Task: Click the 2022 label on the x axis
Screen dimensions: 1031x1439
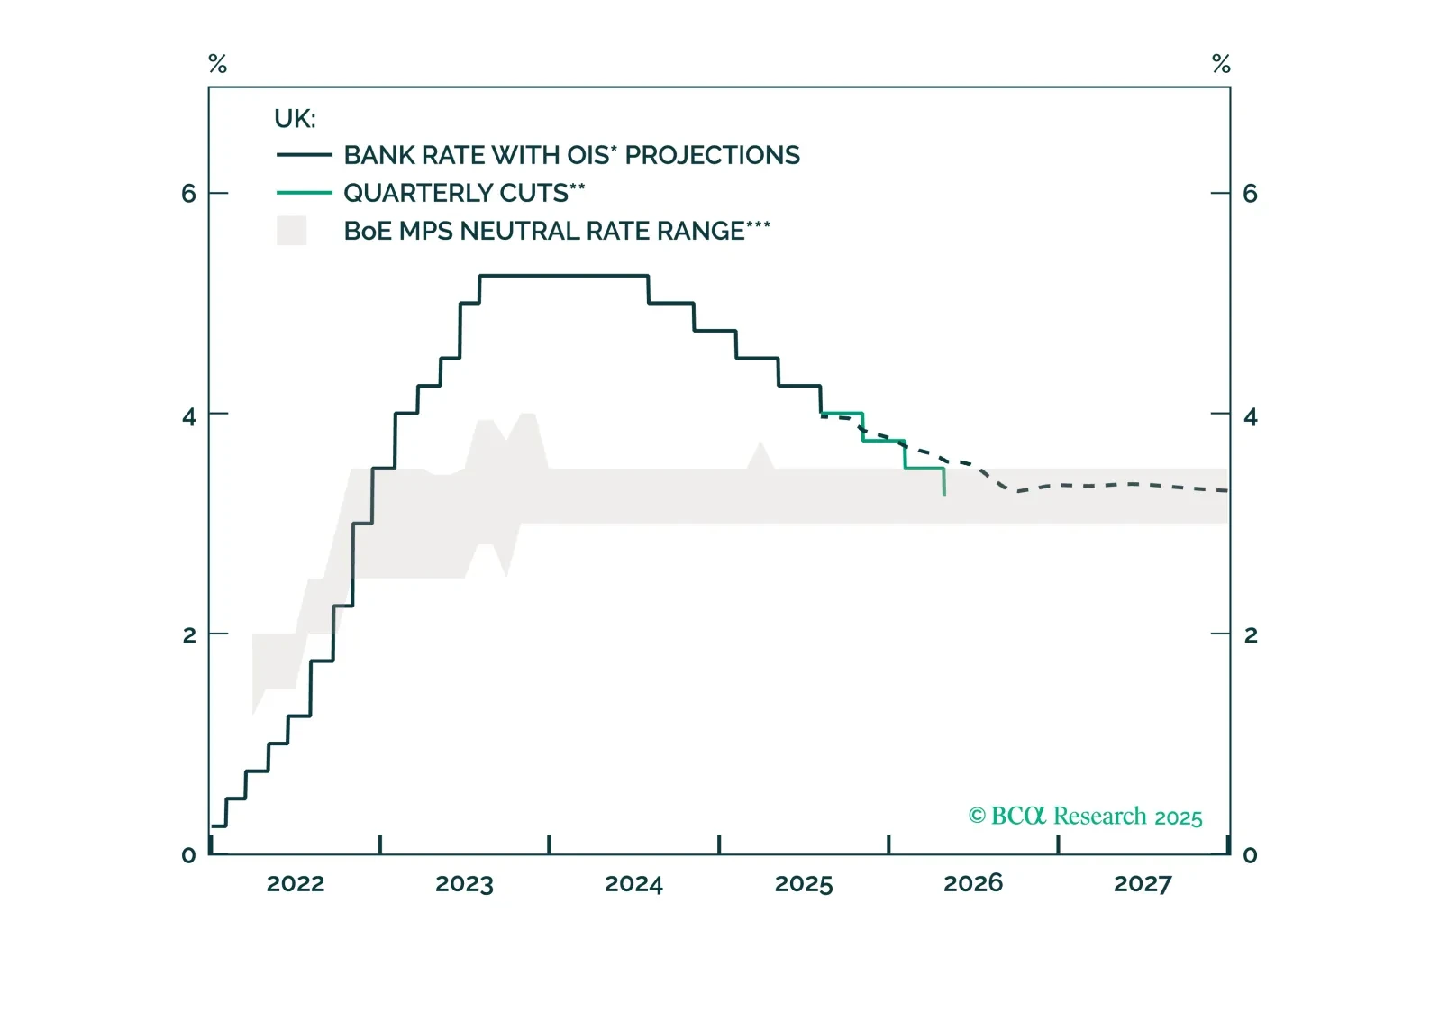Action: point(295,883)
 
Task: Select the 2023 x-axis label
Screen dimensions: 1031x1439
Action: point(464,883)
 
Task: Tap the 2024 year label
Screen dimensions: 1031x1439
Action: point(633,883)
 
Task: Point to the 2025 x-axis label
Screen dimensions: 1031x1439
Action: point(804,883)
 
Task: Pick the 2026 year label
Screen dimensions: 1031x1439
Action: point(973,883)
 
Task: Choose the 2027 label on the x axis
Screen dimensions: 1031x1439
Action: point(1143,883)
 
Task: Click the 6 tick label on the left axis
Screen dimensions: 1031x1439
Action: point(188,194)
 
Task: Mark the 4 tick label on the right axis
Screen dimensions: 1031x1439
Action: point(1251,416)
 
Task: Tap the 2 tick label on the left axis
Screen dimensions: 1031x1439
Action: point(188,635)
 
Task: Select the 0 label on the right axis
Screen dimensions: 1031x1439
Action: point(1251,855)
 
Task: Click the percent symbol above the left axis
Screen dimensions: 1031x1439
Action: point(217,64)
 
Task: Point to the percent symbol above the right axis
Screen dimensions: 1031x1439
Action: point(1221,64)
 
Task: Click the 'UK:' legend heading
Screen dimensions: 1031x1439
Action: point(295,119)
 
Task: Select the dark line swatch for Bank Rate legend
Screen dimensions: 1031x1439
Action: point(305,155)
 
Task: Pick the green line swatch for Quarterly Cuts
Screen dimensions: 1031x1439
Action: point(305,193)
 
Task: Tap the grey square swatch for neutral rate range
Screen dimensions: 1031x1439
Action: point(291,231)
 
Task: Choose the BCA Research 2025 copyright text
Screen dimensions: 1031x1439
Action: point(1085,817)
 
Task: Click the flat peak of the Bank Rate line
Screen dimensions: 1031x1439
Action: point(563,276)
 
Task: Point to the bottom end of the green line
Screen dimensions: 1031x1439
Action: point(944,494)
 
